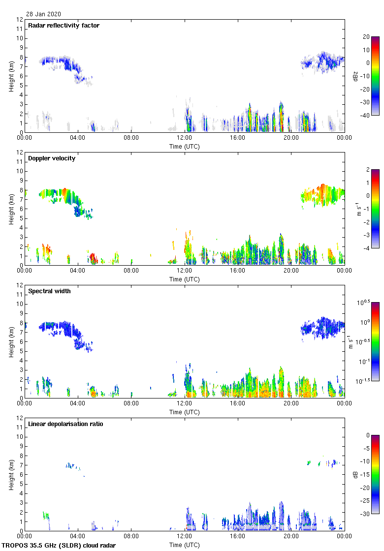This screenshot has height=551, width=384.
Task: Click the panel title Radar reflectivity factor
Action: [x=64, y=26]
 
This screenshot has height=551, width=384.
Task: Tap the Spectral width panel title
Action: [x=49, y=291]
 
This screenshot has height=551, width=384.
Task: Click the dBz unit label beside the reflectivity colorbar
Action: [x=355, y=76]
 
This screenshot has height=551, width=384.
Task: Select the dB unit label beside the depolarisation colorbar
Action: [x=355, y=474]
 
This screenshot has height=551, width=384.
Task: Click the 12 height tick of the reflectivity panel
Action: [x=19, y=20]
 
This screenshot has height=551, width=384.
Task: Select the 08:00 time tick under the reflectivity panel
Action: [x=131, y=138]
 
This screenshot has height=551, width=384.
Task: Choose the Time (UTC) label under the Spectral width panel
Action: [x=185, y=412]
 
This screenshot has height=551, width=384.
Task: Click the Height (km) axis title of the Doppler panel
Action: [x=11, y=209]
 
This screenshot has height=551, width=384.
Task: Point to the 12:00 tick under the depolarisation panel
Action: [x=185, y=536]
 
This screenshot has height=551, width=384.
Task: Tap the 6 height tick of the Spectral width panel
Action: [x=21, y=342]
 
